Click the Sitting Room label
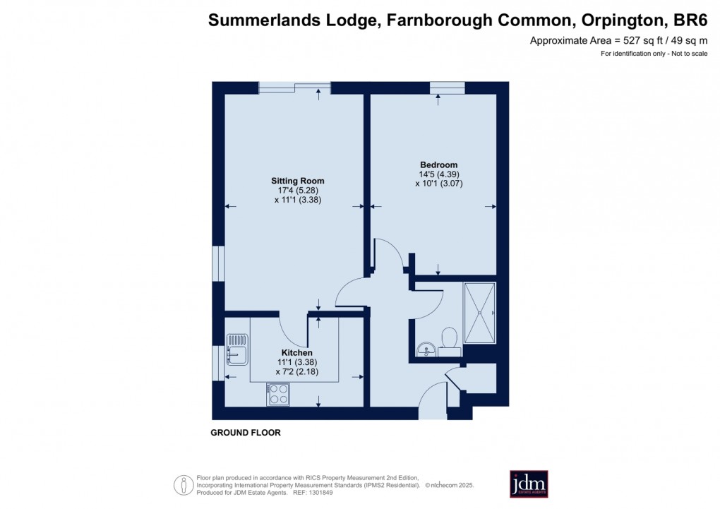coord(297,181)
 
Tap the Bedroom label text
coord(438,164)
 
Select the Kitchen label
coord(296,353)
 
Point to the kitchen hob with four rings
coord(277,394)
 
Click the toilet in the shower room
coord(447,340)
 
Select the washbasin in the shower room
coord(425,349)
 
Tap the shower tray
coord(480,312)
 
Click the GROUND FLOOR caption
coord(246,433)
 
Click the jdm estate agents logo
coord(529,484)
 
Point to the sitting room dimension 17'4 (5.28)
coord(297,191)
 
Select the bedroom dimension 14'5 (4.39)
coord(438,174)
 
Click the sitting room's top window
coord(294,88)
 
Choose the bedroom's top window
coord(447,88)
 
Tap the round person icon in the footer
coord(184,485)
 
